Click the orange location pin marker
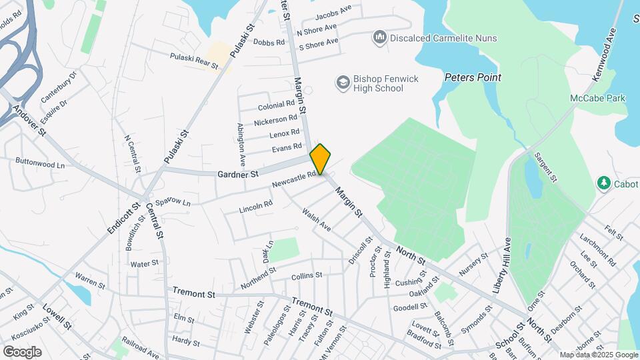point(320,159)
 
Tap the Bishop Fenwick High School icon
point(343,83)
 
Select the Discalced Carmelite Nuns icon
point(380,37)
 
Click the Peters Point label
point(473,77)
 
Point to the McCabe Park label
point(597,98)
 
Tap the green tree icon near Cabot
point(604,182)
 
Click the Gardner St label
point(237,175)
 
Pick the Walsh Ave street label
point(316,219)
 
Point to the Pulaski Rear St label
point(195,61)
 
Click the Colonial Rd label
point(276,105)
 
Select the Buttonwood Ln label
point(40,162)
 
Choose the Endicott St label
point(120,219)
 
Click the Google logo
point(22,352)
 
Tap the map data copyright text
point(598,355)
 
